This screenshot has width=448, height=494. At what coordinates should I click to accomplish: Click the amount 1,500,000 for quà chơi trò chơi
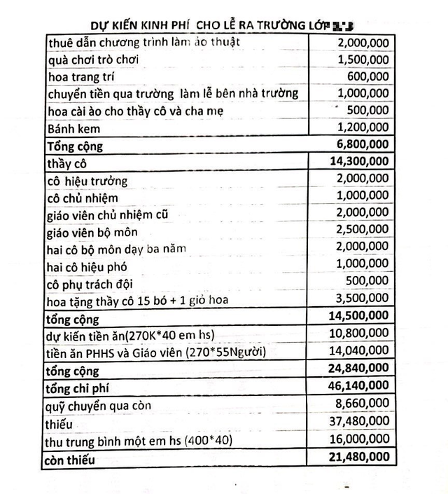(x=363, y=60)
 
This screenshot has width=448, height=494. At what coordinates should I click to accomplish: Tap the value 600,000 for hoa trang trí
(x=369, y=77)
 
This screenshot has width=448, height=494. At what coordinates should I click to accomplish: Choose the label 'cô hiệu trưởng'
(x=87, y=181)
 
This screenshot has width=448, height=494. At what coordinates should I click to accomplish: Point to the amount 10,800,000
(x=360, y=334)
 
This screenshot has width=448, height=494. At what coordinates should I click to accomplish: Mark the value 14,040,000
(x=360, y=352)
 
